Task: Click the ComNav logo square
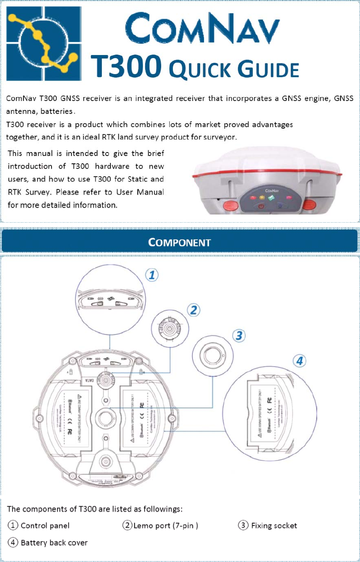click(44, 43)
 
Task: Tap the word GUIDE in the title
click(267, 70)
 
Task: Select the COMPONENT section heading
click(179, 241)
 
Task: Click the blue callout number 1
click(151, 274)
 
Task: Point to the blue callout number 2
click(193, 309)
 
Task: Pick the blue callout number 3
click(239, 335)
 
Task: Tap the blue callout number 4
click(299, 361)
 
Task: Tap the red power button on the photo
click(261, 206)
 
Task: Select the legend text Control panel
click(45, 526)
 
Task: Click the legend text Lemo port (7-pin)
click(165, 526)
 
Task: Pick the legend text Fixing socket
click(274, 526)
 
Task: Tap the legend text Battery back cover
click(54, 543)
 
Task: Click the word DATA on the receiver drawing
click(88, 381)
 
